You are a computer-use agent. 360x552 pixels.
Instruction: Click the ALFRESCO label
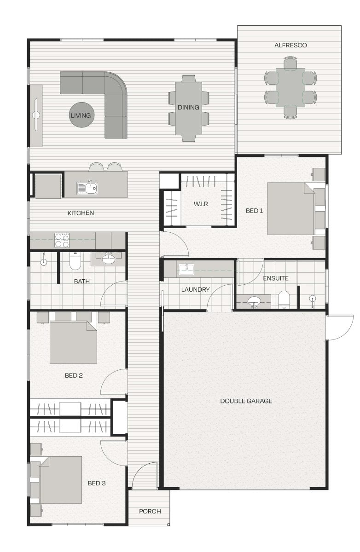tap(290, 45)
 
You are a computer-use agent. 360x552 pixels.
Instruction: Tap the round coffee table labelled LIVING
tap(81, 115)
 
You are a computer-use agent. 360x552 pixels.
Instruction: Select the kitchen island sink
tap(87, 188)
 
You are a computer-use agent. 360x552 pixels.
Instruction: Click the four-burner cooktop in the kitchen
tap(62, 240)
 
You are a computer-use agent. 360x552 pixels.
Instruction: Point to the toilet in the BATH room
tap(75, 261)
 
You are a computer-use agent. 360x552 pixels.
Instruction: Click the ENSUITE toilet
tap(284, 299)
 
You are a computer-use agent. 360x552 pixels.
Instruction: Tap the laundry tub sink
tap(186, 269)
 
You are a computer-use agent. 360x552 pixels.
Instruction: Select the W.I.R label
tap(201, 204)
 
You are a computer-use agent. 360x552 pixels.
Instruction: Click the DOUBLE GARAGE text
tap(246, 401)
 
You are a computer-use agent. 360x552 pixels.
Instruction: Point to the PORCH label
tap(150, 512)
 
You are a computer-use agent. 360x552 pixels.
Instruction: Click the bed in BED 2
tap(73, 342)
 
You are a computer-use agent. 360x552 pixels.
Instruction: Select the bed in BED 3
tap(61, 480)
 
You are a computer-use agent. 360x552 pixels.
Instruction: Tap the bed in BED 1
tap(291, 208)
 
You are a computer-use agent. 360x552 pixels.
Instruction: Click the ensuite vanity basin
tap(254, 301)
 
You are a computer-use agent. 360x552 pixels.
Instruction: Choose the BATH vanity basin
tap(108, 259)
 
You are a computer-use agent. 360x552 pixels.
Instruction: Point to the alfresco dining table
tap(290, 87)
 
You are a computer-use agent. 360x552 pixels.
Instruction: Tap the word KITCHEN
tap(81, 213)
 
